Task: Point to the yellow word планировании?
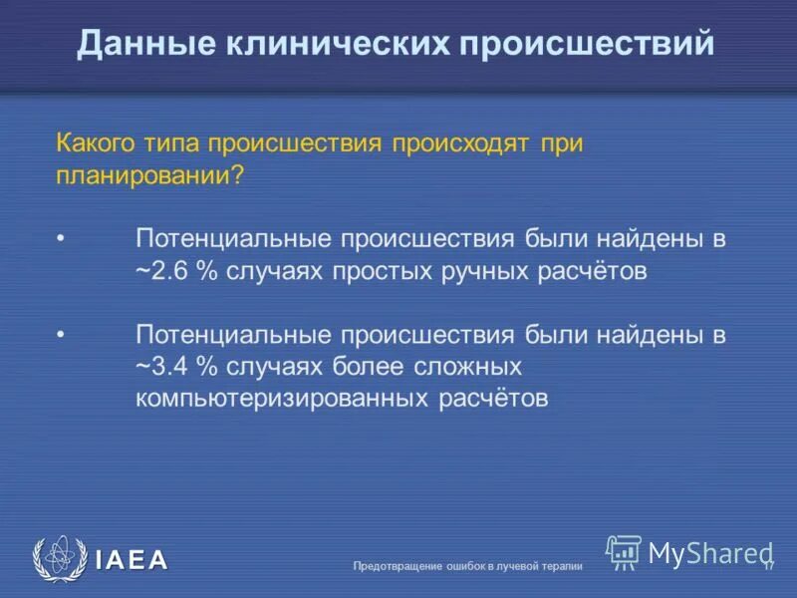coord(149,173)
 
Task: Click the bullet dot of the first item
coord(61,239)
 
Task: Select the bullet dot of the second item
coord(61,335)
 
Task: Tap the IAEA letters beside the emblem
coord(132,560)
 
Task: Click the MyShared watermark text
coord(709,552)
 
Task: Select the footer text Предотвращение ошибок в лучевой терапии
coord(467,566)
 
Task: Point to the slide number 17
coord(768,565)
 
